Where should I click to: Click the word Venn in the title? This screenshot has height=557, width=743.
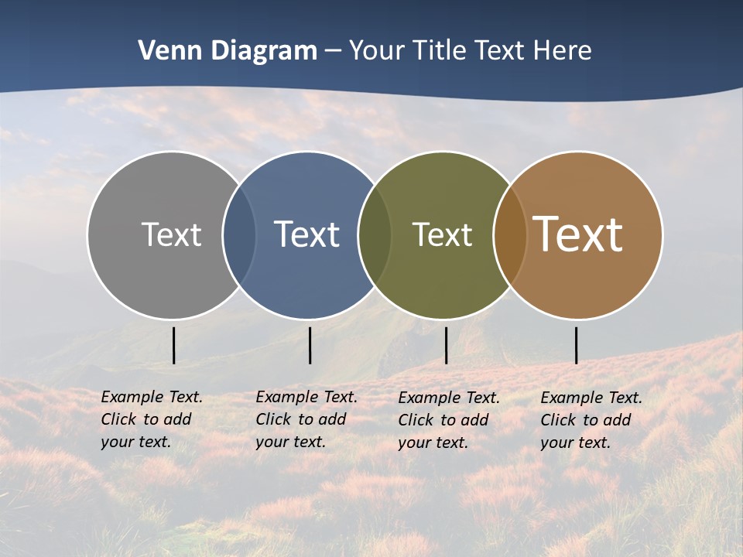[x=165, y=50]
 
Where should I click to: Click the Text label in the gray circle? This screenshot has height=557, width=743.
[x=171, y=234]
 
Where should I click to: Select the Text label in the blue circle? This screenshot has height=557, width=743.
[x=306, y=234]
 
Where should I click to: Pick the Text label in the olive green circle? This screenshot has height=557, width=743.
[x=442, y=234]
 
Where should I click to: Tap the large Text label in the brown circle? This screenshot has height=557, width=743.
[x=578, y=234]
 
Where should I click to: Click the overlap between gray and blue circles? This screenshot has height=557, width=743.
[x=239, y=235]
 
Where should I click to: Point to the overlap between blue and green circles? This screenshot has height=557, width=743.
[x=375, y=235]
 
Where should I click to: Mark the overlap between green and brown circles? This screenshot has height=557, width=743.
[x=510, y=235]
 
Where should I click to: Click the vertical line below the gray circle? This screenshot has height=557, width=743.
[x=174, y=345]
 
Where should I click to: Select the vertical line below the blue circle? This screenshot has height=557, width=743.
[x=310, y=345]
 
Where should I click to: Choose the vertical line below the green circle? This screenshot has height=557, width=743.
[x=446, y=345]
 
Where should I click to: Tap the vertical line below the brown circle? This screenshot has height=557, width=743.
[x=576, y=345]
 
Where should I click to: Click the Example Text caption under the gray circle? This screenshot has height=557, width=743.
[x=152, y=419]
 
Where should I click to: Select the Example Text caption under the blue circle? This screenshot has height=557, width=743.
[x=306, y=419]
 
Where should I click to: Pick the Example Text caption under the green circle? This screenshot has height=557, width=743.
[x=449, y=420]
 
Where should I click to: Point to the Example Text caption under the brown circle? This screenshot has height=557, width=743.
[x=591, y=420]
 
